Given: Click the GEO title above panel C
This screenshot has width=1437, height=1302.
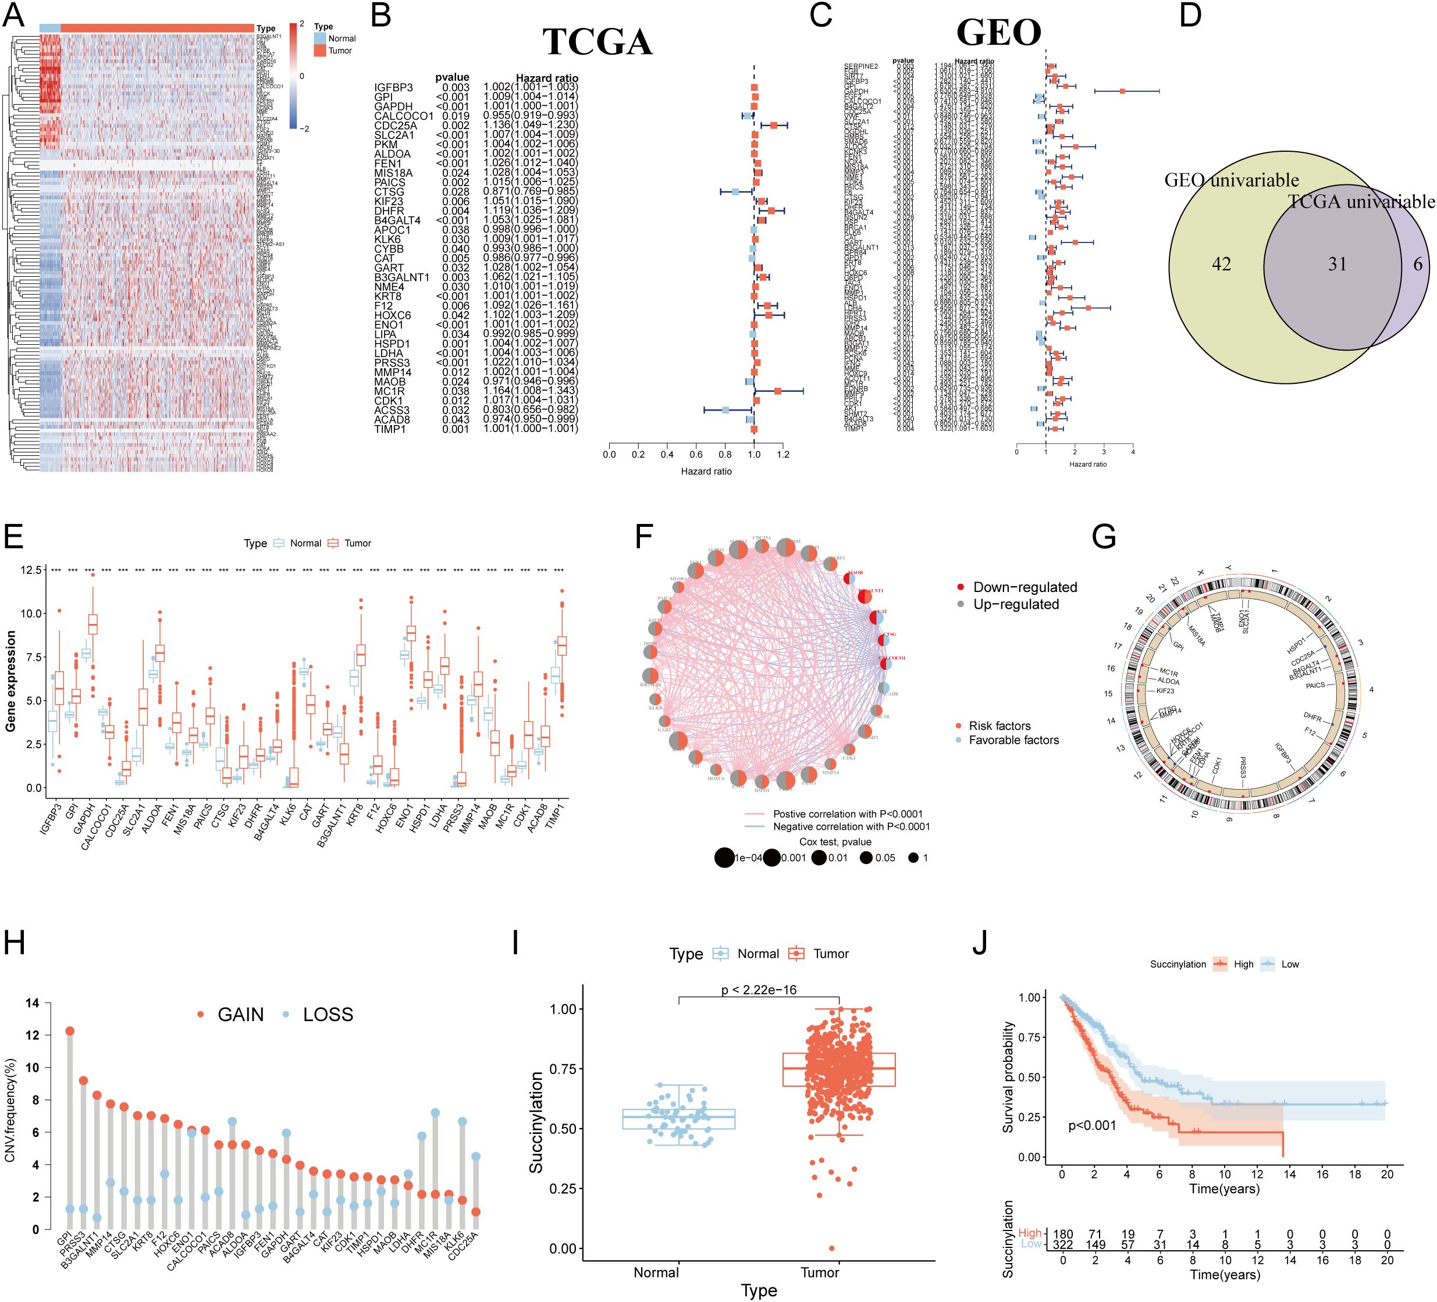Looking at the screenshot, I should (x=999, y=33).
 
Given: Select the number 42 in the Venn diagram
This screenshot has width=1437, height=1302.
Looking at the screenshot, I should (x=1221, y=265).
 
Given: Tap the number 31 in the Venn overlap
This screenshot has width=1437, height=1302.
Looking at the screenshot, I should (x=1337, y=265).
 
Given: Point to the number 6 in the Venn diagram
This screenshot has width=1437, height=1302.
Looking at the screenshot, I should (x=1418, y=265).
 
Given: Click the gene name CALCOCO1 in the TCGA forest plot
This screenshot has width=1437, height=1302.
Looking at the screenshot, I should (x=403, y=116).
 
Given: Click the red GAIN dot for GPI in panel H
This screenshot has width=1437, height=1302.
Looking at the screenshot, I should (x=70, y=1030).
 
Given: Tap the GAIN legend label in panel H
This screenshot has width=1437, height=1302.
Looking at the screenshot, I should (x=240, y=1015).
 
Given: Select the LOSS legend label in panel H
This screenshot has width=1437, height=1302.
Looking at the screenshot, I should (x=328, y=1015).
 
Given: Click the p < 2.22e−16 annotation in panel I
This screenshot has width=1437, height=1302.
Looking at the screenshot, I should (x=759, y=990).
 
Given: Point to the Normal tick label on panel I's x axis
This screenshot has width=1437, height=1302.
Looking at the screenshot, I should (x=656, y=1272).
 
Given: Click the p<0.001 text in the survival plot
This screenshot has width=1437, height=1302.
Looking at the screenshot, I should (x=1092, y=1125).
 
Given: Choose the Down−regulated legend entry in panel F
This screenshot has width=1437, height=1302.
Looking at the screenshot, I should (x=1025, y=587).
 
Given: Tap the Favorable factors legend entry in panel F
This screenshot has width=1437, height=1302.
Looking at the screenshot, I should (x=1013, y=740).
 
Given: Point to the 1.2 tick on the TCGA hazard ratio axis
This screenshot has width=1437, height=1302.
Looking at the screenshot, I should (x=782, y=455).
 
